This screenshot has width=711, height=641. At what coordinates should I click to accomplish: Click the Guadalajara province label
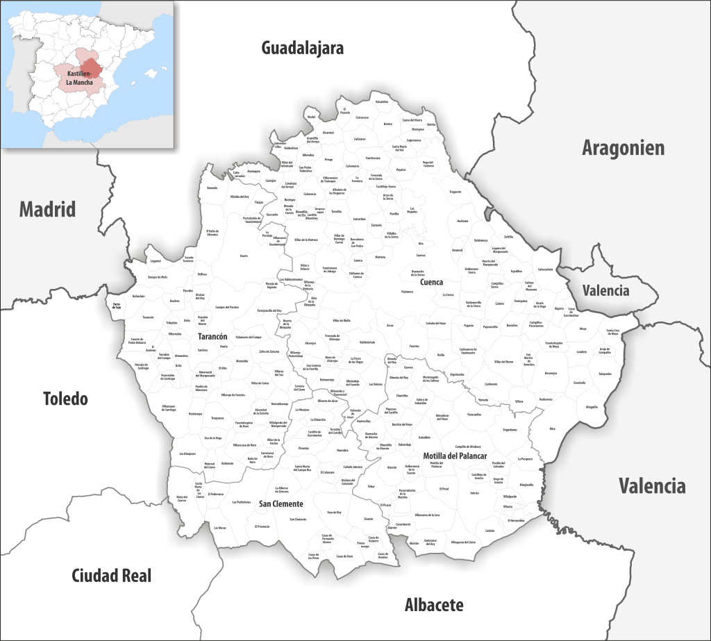(x=302, y=48)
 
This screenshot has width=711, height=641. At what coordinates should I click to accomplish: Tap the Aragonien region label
(x=623, y=147)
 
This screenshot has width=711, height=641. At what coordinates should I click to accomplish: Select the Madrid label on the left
(x=47, y=208)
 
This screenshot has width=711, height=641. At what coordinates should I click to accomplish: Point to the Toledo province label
(x=65, y=399)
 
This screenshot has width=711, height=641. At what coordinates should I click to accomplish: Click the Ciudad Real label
(x=111, y=575)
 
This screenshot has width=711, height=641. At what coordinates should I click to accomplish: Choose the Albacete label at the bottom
(x=434, y=604)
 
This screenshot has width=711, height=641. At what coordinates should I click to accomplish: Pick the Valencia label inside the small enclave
(x=605, y=290)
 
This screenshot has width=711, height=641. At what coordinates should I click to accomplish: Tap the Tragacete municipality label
(x=455, y=191)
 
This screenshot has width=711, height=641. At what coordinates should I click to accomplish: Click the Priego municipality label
(x=328, y=159)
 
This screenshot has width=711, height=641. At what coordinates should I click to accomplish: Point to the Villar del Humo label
(x=503, y=362)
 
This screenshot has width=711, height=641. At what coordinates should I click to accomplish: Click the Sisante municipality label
(x=368, y=519)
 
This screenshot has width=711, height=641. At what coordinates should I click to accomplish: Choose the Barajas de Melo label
(x=158, y=276)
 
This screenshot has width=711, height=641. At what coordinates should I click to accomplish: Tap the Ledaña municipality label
(x=490, y=531)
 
